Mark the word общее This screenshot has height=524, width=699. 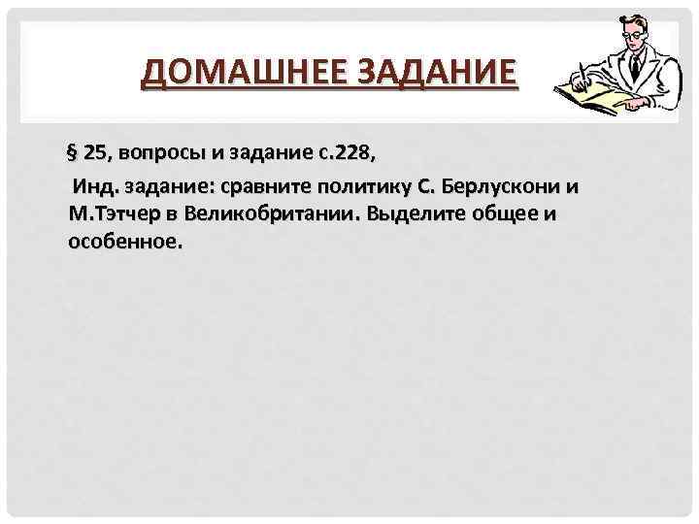508,213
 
